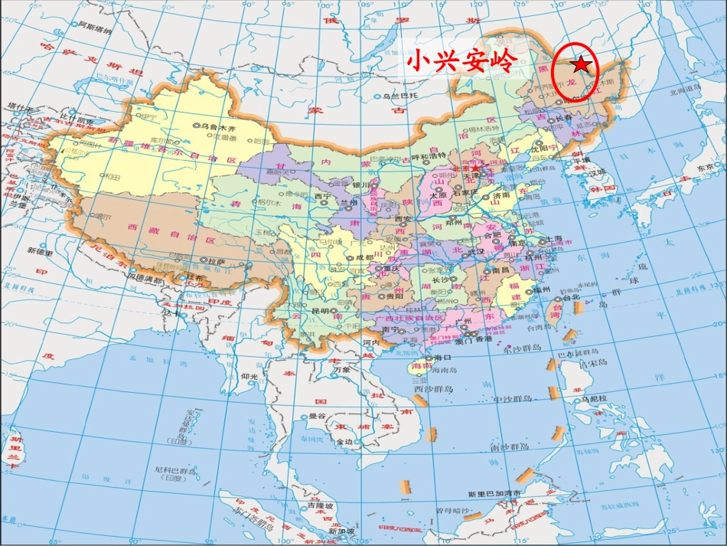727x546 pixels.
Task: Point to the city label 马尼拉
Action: coord(593,399)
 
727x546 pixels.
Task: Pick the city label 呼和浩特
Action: coord(429,156)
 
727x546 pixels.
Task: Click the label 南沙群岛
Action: coord(505,446)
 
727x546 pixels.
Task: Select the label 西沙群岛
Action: coord(434,389)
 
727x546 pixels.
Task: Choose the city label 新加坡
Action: coord(342,531)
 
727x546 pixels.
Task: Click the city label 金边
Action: coord(344,442)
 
